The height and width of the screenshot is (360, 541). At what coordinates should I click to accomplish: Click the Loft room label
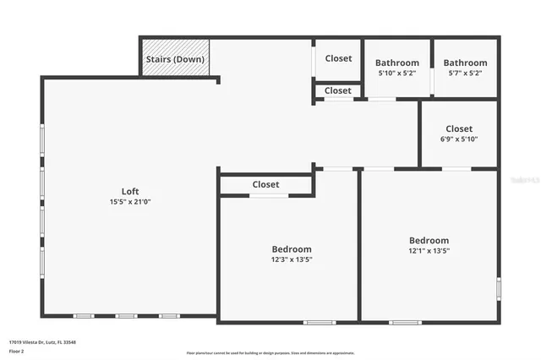(x=130, y=191)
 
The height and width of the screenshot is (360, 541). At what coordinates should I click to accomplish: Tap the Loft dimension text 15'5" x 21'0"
(x=130, y=202)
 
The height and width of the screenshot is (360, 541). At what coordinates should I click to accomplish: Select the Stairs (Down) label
(x=175, y=59)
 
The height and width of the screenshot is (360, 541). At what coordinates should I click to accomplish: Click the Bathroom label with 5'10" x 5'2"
(x=397, y=63)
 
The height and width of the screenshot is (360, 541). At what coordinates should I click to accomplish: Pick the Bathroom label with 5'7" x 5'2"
(x=466, y=63)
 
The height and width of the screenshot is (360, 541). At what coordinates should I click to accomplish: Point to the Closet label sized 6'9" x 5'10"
(x=459, y=128)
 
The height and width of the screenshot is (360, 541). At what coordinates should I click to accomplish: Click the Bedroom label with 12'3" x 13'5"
(x=292, y=249)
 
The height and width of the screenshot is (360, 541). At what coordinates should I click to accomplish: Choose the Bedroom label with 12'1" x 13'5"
(x=429, y=240)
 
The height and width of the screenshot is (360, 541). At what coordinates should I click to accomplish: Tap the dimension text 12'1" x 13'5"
(x=429, y=251)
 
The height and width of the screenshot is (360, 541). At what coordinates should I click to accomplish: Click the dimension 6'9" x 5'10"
(x=459, y=139)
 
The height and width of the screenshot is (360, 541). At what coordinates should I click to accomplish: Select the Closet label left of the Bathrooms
(x=338, y=58)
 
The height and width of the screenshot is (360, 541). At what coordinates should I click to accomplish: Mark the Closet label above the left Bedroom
(x=265, y=184)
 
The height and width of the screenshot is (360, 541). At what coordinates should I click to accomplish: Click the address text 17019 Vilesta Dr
(x=42, y=342)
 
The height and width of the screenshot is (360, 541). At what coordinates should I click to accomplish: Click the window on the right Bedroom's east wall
(x=499, y=289)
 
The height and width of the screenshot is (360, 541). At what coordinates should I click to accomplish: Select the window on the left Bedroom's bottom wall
(x=320, y=322)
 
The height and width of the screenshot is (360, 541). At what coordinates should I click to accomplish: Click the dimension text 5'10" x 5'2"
(x=397, y=74)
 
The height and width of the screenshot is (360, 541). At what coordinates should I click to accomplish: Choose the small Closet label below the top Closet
(x=337, y=90)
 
